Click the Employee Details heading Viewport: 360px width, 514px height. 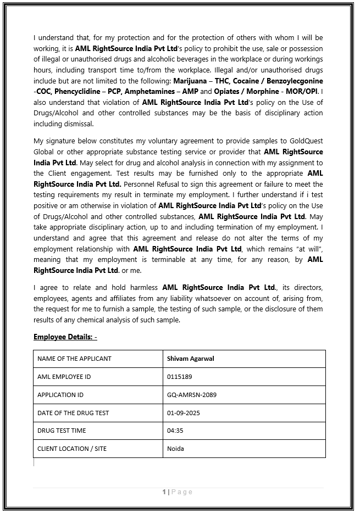tap(65, 337)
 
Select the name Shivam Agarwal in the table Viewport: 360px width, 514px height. tap(190, 359)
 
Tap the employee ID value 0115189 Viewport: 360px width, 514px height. tap(179, 377)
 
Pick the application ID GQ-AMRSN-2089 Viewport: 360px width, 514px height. tap(192, 395)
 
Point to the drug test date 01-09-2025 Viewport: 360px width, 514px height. tap(184, 413)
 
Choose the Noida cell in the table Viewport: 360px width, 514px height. tap(175, 449)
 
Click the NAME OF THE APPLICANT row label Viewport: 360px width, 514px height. tap(74, 359)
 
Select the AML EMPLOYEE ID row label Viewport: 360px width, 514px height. tap(64, 377)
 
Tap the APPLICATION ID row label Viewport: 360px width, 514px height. tap(60, 395)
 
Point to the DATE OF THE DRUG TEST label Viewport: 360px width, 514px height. tap(73, 413)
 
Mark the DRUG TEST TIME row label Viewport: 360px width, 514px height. tap(62, 431)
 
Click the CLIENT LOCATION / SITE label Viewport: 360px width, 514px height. tap(72, 449)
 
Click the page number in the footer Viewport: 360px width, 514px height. tap(164, 491)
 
